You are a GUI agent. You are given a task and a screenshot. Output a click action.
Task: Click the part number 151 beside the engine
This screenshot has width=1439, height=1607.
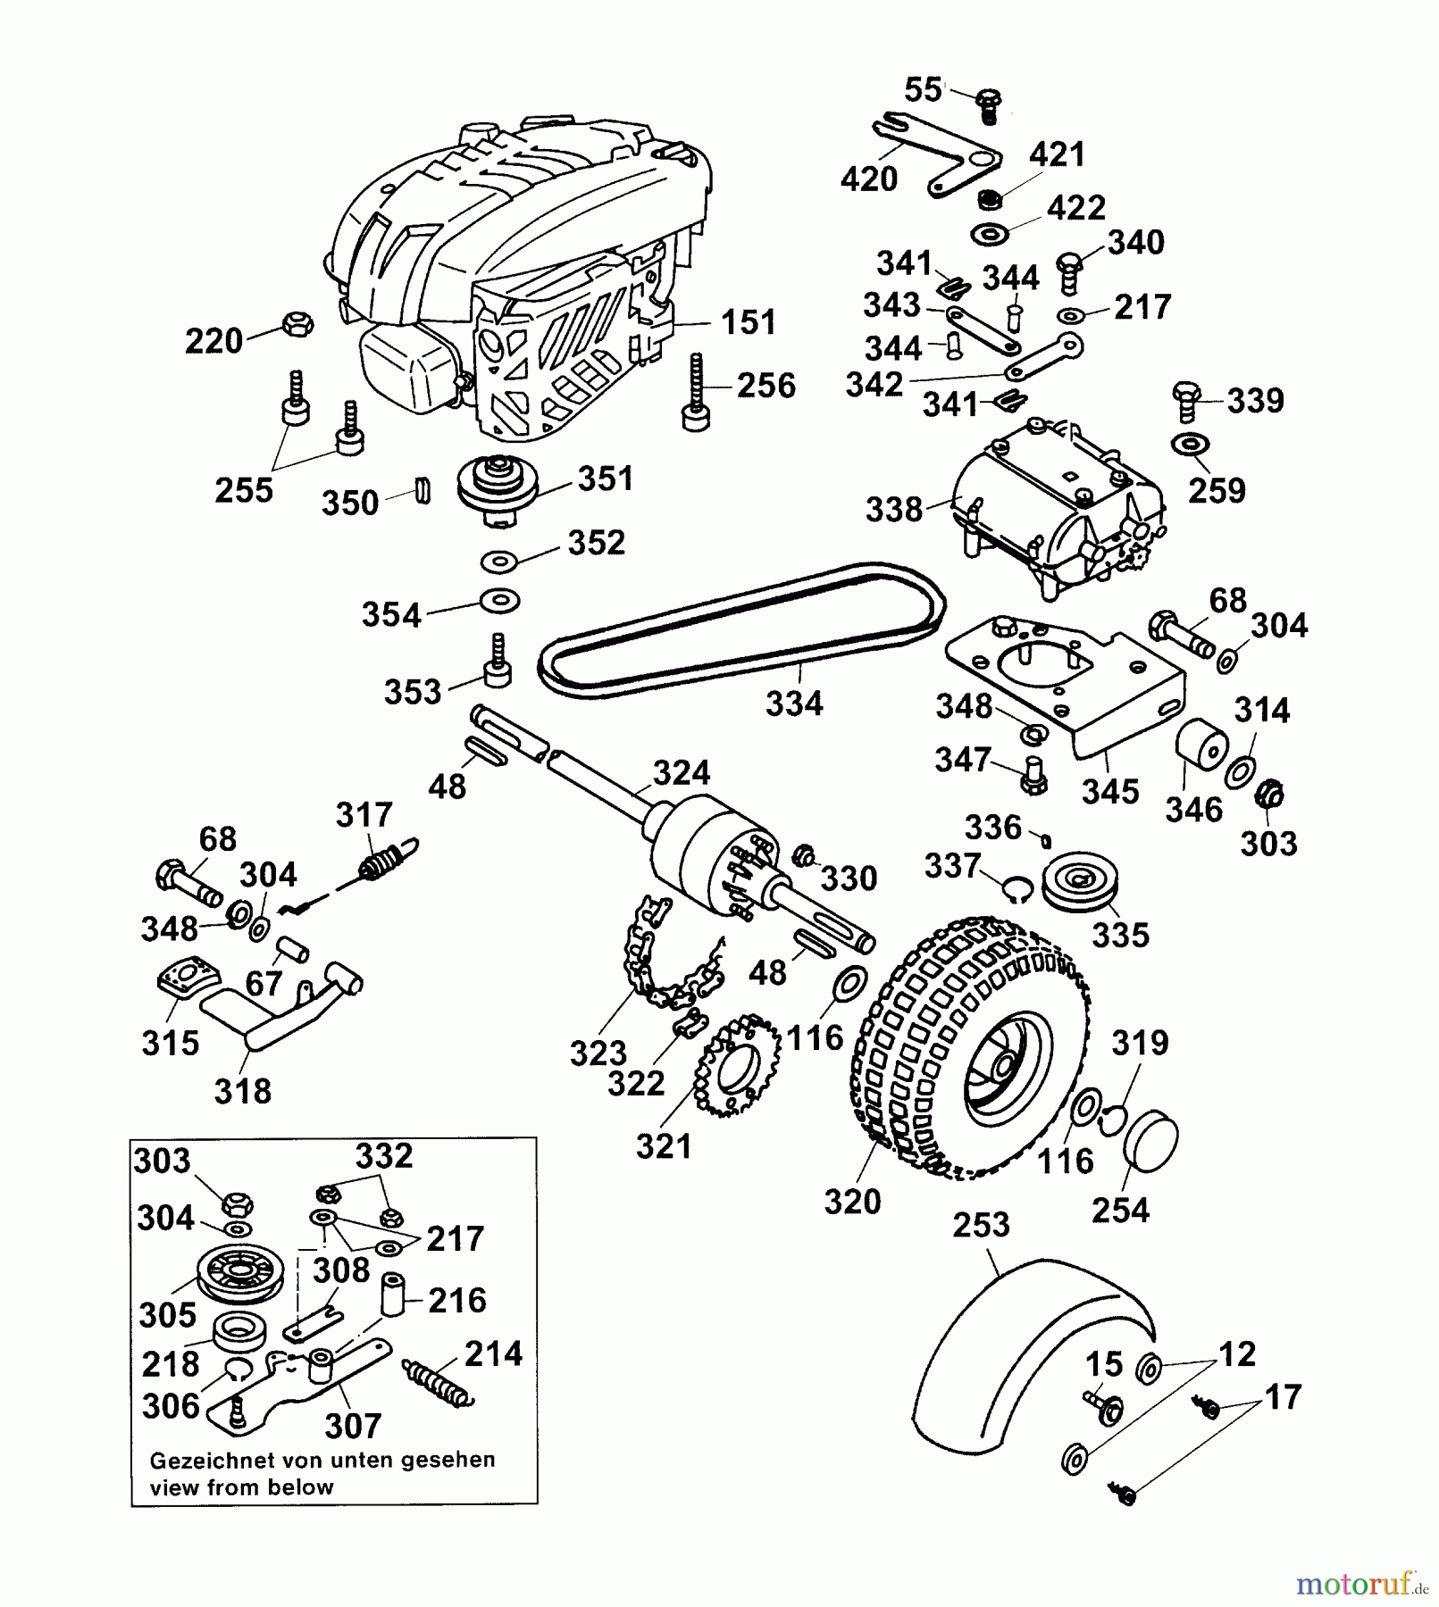tap(748, 322)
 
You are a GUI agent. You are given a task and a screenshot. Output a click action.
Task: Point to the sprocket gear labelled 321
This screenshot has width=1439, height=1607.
tap(738, 1066)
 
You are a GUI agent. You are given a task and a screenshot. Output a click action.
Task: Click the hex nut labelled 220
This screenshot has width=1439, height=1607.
tap(297, 323)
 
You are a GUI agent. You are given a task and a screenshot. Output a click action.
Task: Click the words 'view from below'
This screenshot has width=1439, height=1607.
tap(241, 1487)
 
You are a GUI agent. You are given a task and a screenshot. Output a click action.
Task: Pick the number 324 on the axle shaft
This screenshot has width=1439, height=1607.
tap(681, 772)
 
